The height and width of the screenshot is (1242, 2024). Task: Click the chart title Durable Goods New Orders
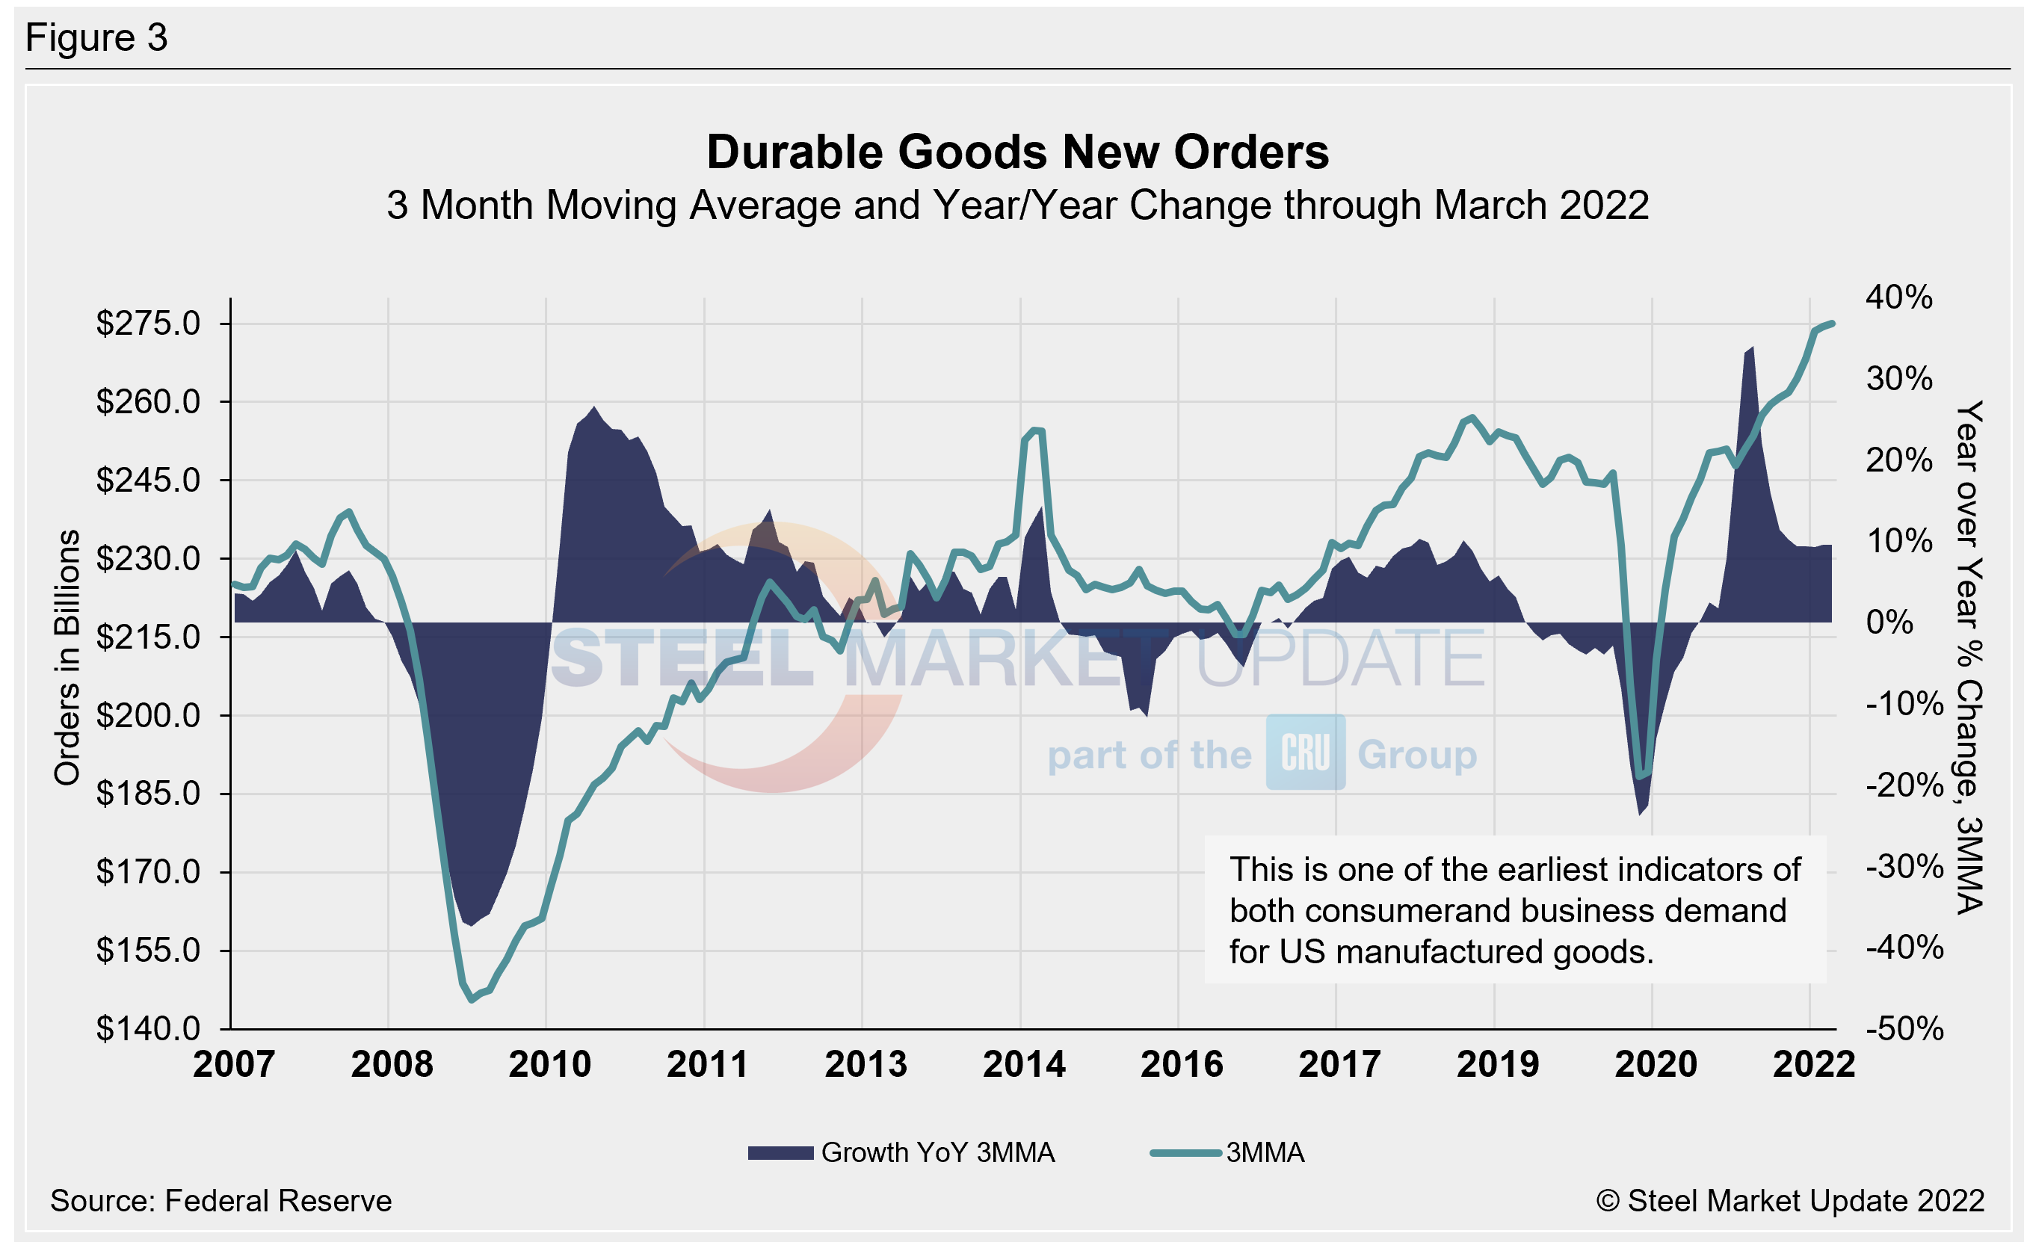click(1017, 152)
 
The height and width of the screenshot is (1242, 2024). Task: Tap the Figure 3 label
click(96, 38)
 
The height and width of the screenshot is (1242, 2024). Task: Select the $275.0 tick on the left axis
click(149, 324)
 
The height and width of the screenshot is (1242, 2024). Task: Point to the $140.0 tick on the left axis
click(149, 1028)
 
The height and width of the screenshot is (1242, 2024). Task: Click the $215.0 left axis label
click(149, 637)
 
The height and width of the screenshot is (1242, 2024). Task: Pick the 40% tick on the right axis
click(1898, 297)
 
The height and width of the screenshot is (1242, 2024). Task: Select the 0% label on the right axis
click(1889, 622)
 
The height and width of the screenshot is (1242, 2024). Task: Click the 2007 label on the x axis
click(234, 1065)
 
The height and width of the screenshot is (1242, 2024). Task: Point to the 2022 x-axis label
click(1814, 1065)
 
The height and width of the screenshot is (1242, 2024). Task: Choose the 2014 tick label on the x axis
click(1023, 1065)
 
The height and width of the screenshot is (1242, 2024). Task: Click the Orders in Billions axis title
click(67, 657)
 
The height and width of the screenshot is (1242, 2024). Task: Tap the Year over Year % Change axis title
click(1969, 657)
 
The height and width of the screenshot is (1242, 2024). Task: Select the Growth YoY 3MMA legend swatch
click(780, 1152)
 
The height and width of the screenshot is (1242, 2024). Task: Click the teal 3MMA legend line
click(1185, 1152)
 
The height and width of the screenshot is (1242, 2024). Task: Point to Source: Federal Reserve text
click(221, 1201)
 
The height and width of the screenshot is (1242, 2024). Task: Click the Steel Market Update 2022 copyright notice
click(1790, 1201)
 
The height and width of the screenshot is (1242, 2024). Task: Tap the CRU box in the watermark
click(1305, 753)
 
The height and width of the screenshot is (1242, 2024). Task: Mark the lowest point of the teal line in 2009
click(472, 1000)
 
